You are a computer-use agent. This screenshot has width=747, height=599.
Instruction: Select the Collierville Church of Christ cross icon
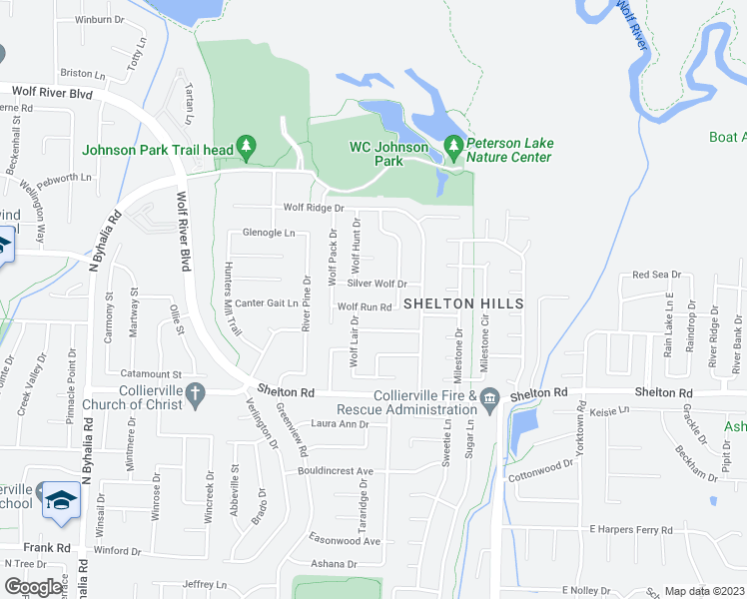click(x=196, y=395)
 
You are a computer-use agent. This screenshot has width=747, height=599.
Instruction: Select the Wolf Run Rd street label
click(x=364, y=307)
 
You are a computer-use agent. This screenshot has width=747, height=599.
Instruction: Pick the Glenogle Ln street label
click(x=270, y=233)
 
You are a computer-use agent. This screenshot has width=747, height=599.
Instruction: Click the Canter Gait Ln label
click(x=267, y=302)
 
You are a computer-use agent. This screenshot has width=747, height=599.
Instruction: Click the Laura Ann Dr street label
click(x=340, y=424)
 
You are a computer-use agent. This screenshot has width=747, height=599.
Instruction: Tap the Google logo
click(x=33, y=587)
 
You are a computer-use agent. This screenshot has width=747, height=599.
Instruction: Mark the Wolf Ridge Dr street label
click(x=314, y=208)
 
